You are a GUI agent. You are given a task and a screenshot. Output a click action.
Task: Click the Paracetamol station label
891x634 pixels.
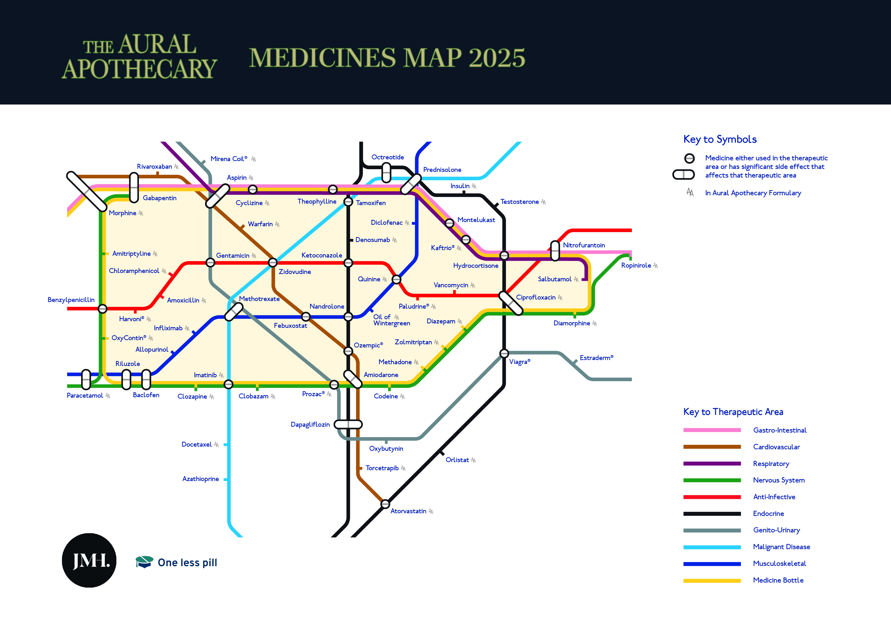pos(85,395)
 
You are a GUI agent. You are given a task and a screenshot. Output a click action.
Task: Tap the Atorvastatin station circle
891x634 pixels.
pos(385,504)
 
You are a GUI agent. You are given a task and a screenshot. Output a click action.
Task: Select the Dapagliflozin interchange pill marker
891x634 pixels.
pos(348,424)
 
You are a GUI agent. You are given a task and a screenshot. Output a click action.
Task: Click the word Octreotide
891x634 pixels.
pos(387,157)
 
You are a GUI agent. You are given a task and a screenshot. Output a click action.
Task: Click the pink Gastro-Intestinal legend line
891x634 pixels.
pos(712,430)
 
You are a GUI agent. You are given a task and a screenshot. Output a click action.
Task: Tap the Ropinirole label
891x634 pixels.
pos(636,265)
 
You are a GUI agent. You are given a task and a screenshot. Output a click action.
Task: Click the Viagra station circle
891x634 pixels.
pos(504,353)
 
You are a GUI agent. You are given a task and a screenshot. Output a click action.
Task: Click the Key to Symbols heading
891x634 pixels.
pos(720,139)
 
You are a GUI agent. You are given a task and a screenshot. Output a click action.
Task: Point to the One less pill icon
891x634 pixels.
pos(144,562)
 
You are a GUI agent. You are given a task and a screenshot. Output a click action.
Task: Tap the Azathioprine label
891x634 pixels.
pos(201,479)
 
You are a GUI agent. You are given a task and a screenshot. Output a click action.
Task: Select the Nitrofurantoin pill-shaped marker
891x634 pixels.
pos(555,250)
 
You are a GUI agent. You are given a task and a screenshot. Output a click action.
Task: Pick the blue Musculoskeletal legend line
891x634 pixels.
pos(712,564)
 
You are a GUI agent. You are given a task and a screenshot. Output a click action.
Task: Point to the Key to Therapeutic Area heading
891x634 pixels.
pos(733,412)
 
